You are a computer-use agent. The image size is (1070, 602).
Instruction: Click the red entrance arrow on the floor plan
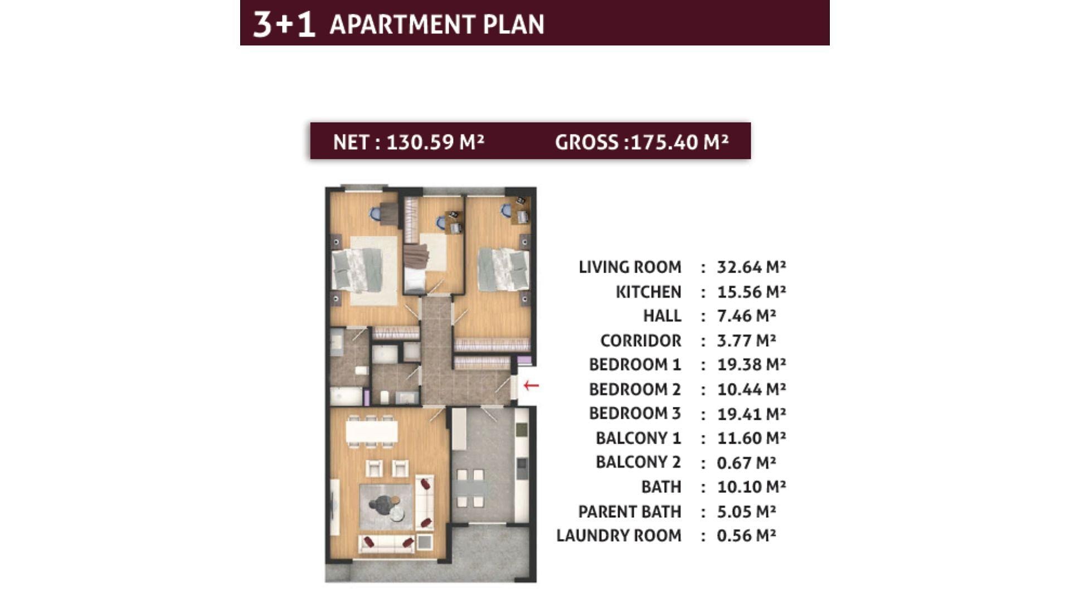coord(531,385)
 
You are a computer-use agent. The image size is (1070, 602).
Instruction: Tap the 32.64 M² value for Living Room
coord(751,267)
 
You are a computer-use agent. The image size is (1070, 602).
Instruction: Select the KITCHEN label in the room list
coord(648,292)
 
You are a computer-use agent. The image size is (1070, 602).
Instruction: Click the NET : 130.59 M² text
coord(408,142)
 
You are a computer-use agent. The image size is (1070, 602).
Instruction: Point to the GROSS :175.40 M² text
coord(641,142)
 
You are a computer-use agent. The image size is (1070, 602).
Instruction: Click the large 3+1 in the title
coord(284,25)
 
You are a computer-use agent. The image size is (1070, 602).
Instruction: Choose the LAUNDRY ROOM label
coord(619,536)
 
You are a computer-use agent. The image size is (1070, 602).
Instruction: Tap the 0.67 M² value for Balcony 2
coord(746,463)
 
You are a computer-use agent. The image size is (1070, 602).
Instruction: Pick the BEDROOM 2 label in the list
coord(635,389)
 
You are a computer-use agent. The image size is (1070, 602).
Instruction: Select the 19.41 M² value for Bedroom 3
coord(751,414)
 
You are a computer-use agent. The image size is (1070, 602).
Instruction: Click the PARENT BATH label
coord(629,511)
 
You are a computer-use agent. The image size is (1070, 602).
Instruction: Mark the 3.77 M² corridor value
coord(746,340)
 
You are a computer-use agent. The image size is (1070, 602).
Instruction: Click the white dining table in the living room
coord(372,431)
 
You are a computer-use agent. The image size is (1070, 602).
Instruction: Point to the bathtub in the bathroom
coord(347,396)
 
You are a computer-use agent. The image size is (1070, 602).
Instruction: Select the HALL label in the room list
coord(662,316)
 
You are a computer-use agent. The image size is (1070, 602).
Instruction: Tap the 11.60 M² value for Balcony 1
coord(751,438)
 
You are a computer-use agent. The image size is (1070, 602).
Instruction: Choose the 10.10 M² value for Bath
coord(751,487)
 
